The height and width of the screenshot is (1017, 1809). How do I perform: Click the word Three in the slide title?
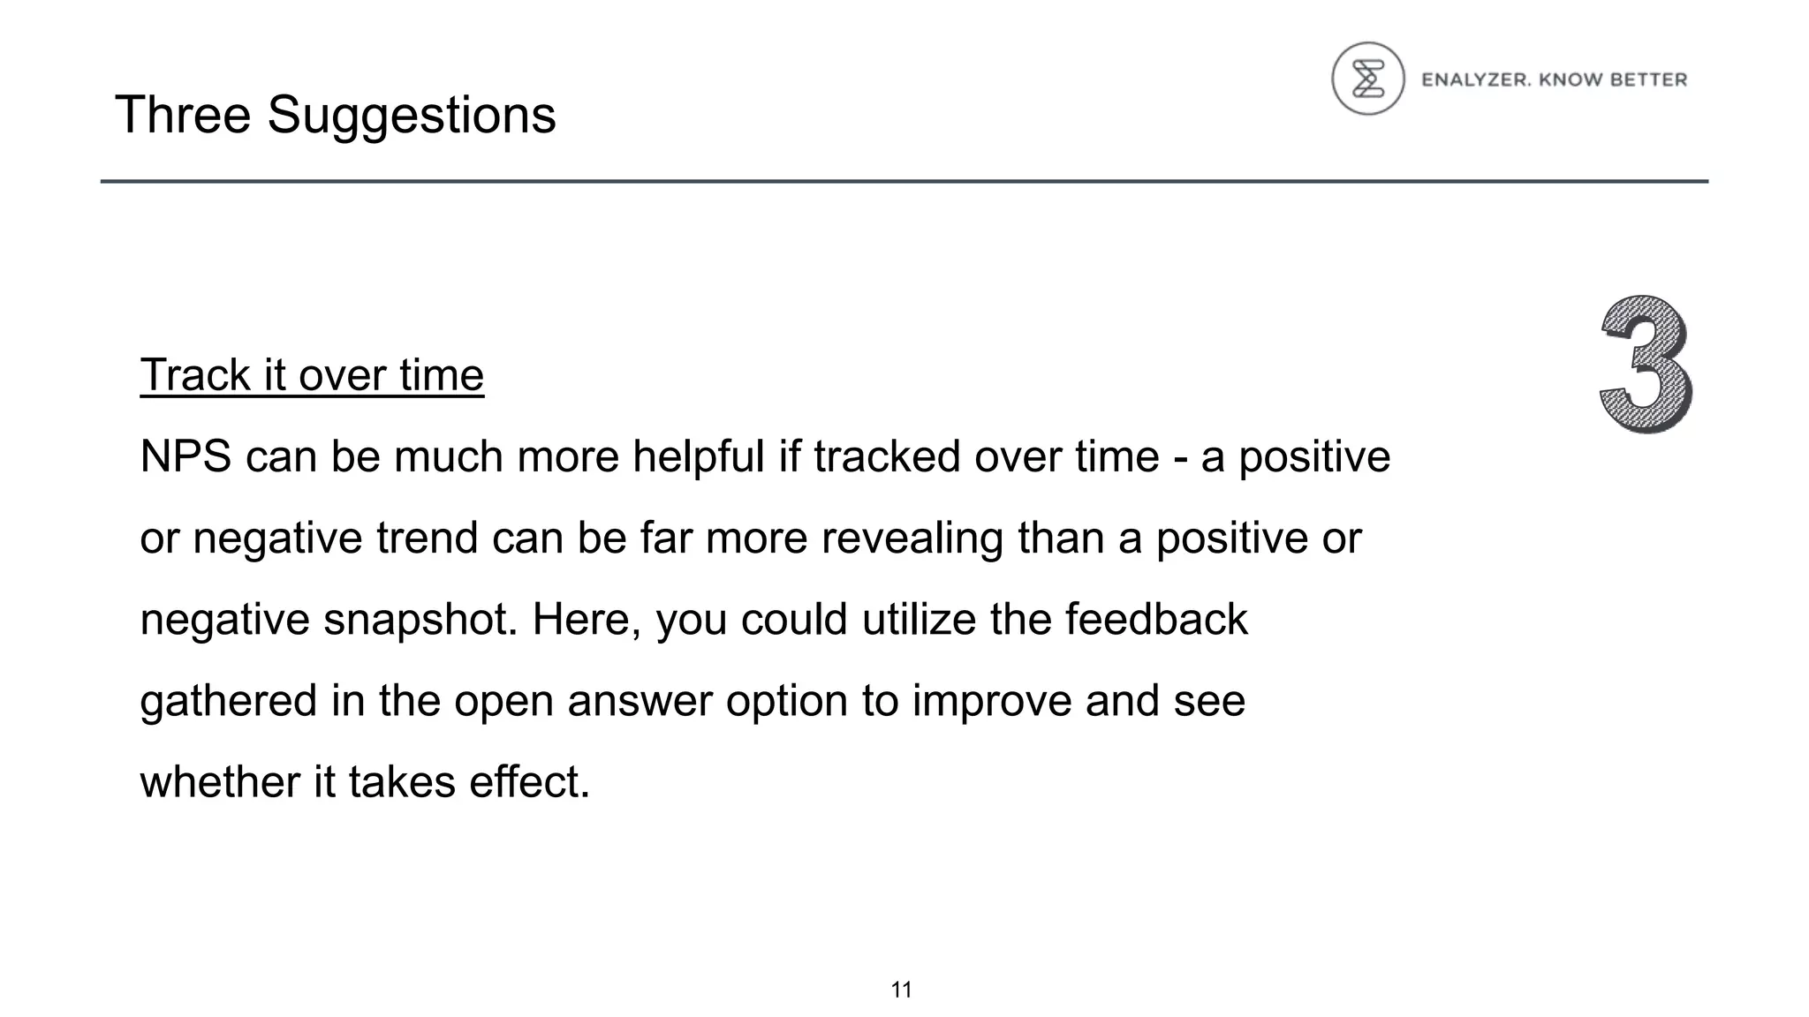coord(183,115)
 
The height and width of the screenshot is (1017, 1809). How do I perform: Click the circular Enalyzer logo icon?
coord(1367,79)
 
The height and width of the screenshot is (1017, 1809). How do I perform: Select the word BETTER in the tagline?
coord(1648,80)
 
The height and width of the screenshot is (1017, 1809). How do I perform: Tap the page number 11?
coord(901,990)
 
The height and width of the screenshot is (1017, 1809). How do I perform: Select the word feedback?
coord(1156,619)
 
